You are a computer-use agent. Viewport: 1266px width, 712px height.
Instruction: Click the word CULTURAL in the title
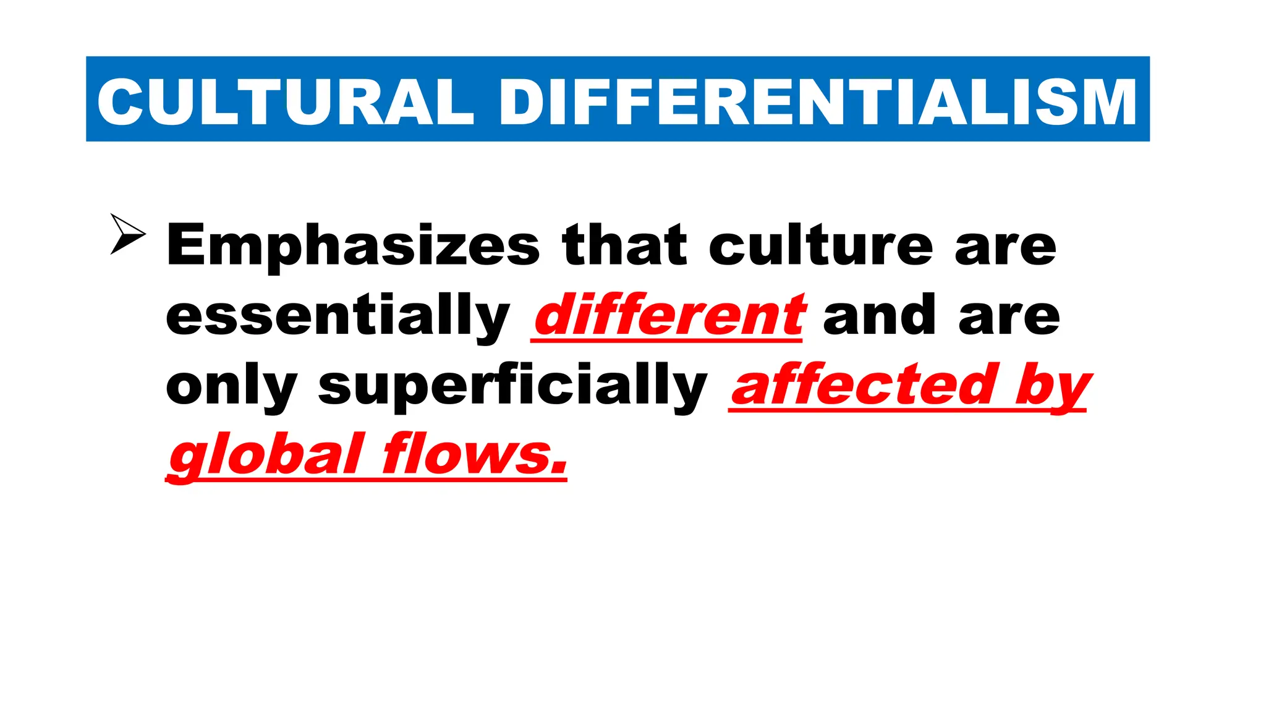(286, 102)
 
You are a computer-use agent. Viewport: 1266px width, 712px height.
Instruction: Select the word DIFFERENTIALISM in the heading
(818, 102)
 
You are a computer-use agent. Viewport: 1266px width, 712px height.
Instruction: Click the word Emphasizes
(353, 246)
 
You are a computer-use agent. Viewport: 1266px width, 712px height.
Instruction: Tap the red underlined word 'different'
(669, 316)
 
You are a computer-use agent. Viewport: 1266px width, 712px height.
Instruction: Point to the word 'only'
(232, 387)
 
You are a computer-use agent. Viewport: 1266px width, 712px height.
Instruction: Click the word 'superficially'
(512, 387)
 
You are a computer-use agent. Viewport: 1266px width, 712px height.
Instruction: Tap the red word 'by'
(1053, 387)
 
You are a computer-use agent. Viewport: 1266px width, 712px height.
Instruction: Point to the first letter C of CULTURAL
(120, 102)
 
